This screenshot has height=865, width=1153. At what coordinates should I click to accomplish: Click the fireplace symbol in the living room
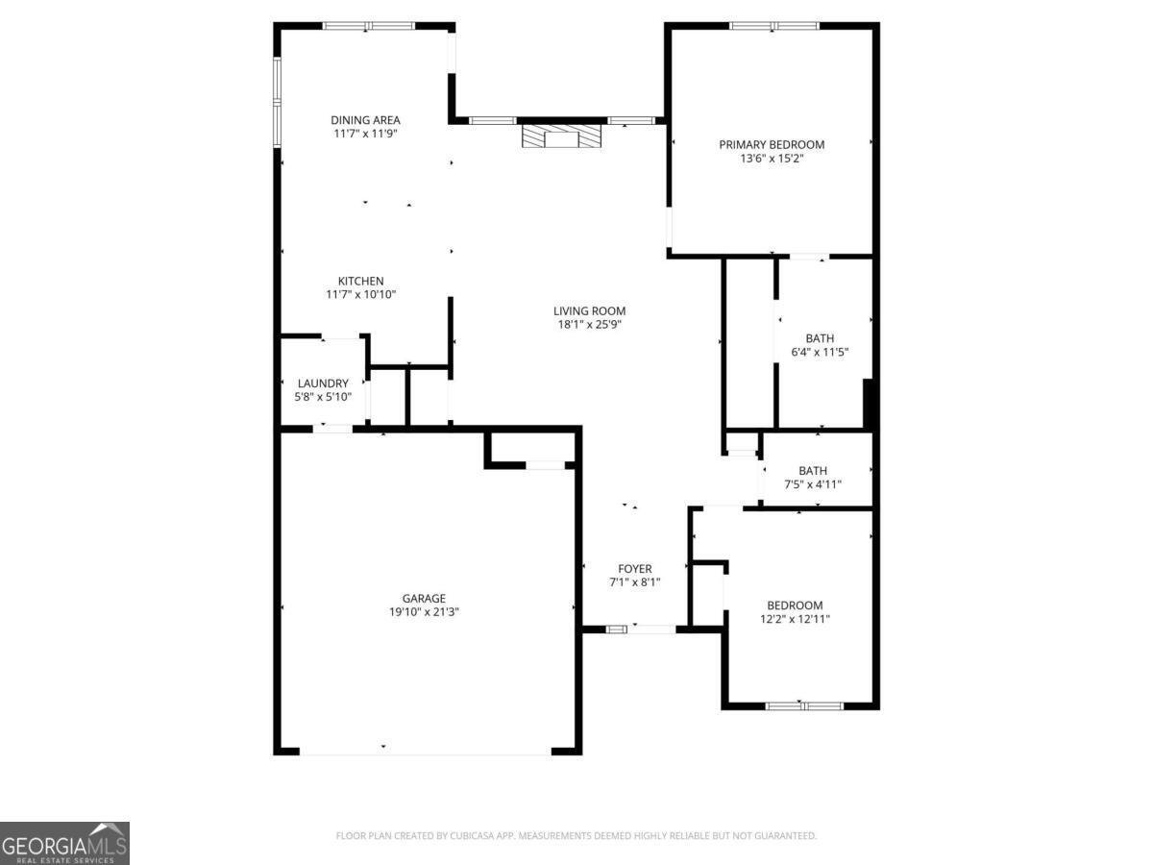click(x=562, y=136)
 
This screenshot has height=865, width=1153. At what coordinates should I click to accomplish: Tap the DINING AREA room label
click(x=365, y=120)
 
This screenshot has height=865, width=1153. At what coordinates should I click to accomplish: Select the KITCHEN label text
click(x=360, y=281)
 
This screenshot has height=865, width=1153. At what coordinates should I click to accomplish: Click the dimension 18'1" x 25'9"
click(x=589, y=325)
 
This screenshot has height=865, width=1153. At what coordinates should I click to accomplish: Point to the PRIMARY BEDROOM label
click(x=772, y=144)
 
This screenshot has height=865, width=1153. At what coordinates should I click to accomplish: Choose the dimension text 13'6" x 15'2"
click(x=772, y=159)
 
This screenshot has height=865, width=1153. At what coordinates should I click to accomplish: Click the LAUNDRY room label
click(x=323, y=383)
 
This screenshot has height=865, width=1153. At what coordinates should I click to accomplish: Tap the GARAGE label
click(x=424, y=598)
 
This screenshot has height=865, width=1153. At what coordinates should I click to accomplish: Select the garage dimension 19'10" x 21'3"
click(x=424, y=612)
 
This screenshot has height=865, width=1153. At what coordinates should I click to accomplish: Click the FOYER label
click(x=634, y=568)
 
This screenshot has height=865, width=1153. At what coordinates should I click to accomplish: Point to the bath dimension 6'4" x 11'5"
click(x=820, y=352)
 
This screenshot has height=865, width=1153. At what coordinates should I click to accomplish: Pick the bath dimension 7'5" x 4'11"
click(x=813, y=484)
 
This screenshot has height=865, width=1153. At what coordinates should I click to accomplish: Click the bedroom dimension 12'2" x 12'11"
click(x=794, y=619)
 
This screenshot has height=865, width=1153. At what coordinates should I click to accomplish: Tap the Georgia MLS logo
click(x=64, y=843)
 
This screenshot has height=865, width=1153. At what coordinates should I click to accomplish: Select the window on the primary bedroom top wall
click(x=773, y=26)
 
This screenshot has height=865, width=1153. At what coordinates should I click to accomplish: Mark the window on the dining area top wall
click(x=368, y=26)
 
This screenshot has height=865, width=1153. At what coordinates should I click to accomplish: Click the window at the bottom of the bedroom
click(x=804, y=705)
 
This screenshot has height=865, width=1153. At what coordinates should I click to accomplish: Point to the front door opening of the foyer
click(x=641, y=630)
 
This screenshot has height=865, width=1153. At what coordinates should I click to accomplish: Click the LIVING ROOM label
click(x=589, y=310)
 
